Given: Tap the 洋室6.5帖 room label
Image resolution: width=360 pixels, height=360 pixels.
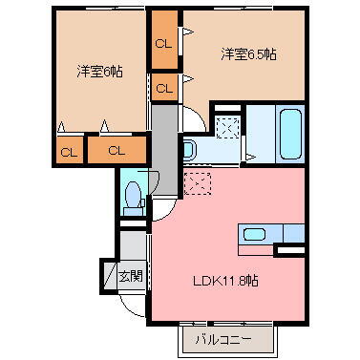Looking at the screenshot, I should (250, 54).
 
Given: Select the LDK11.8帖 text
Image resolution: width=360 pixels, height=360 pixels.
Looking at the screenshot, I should (226, 281).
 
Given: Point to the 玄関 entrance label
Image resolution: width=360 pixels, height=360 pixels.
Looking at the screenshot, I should (131, 277).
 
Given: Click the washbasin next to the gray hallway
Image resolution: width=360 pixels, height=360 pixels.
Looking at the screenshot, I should (188, 149).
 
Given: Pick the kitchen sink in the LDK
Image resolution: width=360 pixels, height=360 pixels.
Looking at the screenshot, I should (255, 234).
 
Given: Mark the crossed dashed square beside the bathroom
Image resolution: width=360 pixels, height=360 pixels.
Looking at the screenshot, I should (227, 125).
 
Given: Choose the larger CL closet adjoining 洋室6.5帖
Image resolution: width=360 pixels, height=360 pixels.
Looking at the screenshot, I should (164, 42).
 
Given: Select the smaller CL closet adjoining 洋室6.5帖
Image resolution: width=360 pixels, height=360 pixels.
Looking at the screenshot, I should (164, 88).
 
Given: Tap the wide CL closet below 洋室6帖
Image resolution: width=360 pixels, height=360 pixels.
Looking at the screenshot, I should (116, 150).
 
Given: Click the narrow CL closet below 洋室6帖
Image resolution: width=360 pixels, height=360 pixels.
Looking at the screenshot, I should (69, 151).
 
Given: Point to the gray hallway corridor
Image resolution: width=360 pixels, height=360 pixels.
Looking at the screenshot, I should (164, 143).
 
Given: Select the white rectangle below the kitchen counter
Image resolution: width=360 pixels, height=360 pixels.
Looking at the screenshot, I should (289, 250).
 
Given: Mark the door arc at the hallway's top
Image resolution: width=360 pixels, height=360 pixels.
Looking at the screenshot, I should (191, 116).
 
